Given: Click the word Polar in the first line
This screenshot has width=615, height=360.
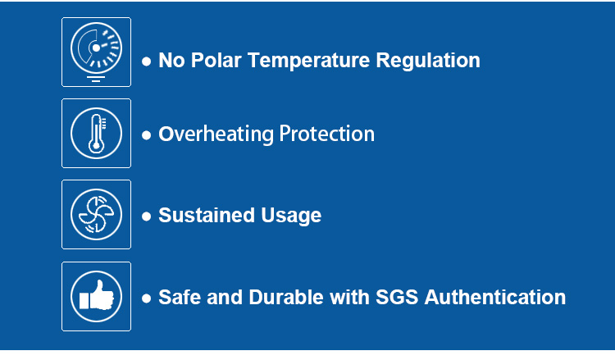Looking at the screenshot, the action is click(x=216, y=61).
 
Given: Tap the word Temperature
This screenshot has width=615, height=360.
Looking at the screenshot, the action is click(x=308, y=62).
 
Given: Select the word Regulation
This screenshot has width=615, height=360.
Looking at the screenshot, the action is click(x=428, y=62).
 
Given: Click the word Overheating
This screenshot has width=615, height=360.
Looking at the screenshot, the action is click(x=216, y=134).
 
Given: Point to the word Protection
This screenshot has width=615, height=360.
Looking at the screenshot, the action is click(x=327, y=134).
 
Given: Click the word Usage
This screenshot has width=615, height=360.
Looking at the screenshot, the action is click(x=291, y=216).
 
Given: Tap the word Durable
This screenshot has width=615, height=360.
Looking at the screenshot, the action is click(x=286, y=297).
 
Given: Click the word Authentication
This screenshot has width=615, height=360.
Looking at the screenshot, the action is click(x=495, y=297).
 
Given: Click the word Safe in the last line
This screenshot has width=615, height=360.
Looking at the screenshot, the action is click(x=180, y=297).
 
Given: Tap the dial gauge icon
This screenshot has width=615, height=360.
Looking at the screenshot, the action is click(x=96, y=52).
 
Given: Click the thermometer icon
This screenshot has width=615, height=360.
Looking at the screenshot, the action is click(x=96, y=134).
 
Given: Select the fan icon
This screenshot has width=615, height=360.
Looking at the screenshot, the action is click(x=96, y=215).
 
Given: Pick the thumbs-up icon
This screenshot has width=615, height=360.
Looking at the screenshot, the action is click(x=96, y=297).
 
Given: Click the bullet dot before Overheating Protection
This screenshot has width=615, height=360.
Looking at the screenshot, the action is click(x=146, y=135).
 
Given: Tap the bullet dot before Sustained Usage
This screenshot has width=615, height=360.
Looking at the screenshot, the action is click(x=146, y=216).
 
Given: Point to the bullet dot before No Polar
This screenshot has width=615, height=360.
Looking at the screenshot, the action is click(x=146, y=62).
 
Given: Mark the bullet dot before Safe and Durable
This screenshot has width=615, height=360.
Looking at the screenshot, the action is click(x=146, y=298).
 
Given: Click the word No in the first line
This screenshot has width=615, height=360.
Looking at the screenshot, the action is click(x=171, y=61).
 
